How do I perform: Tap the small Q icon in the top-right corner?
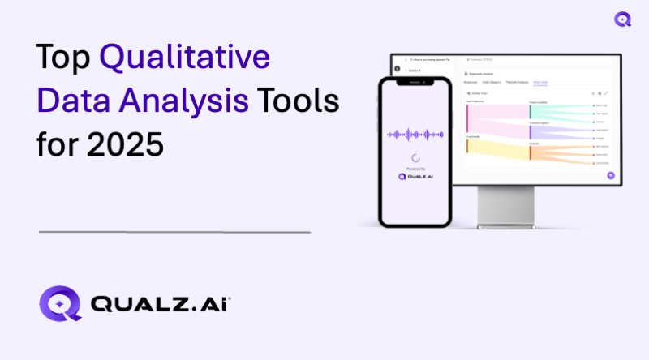click(623, 19)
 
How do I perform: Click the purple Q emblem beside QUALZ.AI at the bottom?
click(60, 304)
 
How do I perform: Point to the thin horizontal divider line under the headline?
click(174, 232)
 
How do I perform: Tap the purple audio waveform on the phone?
click(415, 134)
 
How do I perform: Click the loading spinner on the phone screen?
click(415, 158)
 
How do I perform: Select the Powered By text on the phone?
click(415, 169)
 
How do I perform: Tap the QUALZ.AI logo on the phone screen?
click(415, 177)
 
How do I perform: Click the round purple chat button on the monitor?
click(610, 175)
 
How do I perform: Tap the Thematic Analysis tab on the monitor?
click(517, 83)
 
